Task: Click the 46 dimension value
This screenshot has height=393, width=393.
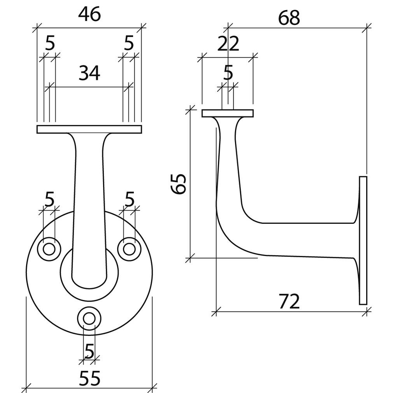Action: pyautogui.click(x=89, y=14)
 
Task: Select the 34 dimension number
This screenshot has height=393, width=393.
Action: pyautogui.click(x=89, y=73)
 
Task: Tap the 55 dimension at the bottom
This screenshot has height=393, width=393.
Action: pyautogui.click(x=89, y=378)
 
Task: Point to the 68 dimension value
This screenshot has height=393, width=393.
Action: pyautogui.click(x=289, y=18)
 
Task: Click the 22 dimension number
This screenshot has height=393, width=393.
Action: pyautogui.click(x=228, y=44)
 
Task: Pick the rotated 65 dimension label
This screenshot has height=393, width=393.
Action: pyautogui.click(x=179, y=184)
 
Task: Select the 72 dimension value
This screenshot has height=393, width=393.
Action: pyautogui.click(x=289, y=302)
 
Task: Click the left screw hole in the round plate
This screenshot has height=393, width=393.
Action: pyautogui.click(x=49, y=249)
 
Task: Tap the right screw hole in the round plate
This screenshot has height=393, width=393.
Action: pyautogui.click(x=129, y=249)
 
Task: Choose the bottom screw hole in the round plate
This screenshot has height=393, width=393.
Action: pyautogui.click(x=89, y=319)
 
